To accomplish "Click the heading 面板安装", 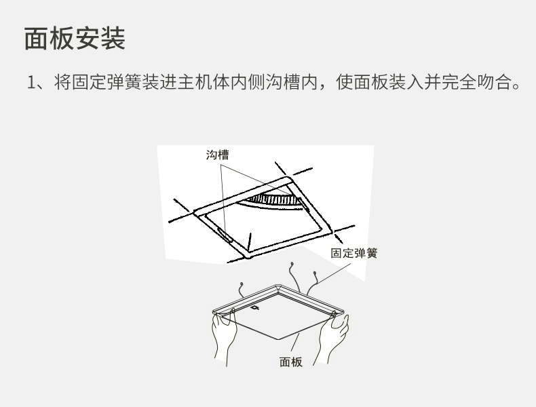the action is [75, 38].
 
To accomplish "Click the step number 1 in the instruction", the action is [31, 82].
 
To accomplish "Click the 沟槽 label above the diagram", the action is [217, 155].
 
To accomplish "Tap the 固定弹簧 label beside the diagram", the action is [353, 253].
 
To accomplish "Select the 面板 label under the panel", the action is [291, 362].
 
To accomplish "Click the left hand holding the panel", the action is [224, 336].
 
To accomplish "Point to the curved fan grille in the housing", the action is [273, 201].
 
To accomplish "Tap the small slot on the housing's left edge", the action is [225, 235].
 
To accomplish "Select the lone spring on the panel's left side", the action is [241, 290].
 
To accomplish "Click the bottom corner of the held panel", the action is [279, 340].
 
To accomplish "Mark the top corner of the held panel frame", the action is [277, 285].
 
